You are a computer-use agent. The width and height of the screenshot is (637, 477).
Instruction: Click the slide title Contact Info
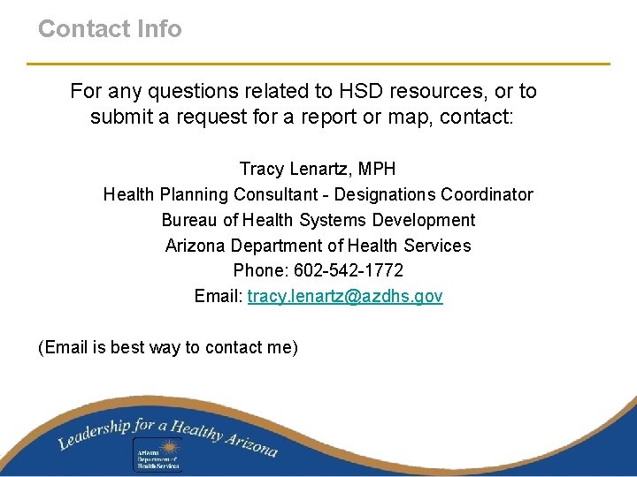point(110,28)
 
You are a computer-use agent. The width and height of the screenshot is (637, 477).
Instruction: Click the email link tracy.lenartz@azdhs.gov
point(345,296)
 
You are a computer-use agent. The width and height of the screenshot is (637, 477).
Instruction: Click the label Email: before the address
point(219,296)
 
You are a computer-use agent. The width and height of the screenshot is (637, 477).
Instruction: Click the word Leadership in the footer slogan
point(94,432)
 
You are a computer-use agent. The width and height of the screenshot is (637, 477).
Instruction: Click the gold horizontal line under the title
point(318,64)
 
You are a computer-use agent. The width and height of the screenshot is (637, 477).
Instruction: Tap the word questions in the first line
point(182,91)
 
